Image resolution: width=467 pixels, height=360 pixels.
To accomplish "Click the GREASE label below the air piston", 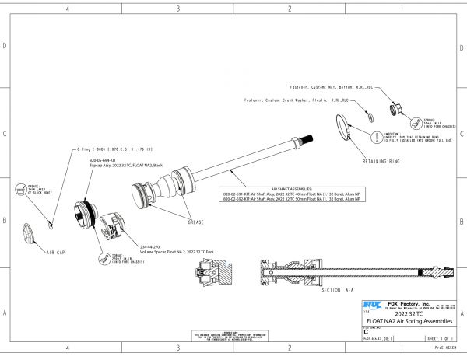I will coord(194,222).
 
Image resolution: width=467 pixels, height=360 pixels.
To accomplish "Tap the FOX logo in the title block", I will coord(370,304).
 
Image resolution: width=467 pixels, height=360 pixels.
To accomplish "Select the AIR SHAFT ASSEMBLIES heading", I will coord(291,189).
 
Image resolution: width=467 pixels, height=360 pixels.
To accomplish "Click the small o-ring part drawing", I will coord(50,224).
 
